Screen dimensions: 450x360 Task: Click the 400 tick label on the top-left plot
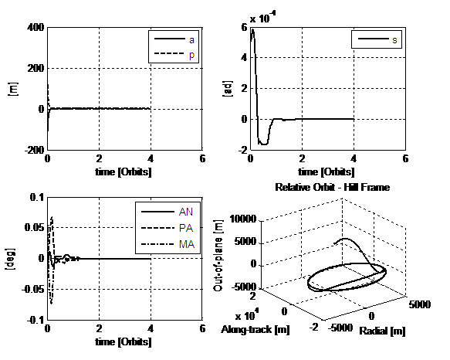[36, 28]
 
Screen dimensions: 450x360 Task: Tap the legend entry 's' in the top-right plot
[377, 39]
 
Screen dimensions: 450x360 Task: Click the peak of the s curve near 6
[252, 29]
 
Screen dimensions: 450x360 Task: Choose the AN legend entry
[167, 212]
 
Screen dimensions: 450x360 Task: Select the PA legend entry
[167, 228]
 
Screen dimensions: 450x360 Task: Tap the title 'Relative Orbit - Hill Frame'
[333, 188]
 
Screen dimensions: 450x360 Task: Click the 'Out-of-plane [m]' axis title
[218, 256]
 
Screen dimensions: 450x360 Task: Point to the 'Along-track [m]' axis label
[255, 330]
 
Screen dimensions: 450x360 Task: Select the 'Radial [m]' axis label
[382, 331]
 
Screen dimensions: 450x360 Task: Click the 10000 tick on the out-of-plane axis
[243, 219]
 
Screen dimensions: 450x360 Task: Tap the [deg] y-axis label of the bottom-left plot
[10, 259]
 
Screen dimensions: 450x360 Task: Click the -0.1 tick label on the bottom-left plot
[36, 320]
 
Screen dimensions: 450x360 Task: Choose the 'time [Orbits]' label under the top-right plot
[327, 172]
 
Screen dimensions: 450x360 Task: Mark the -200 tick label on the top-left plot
[35, 150]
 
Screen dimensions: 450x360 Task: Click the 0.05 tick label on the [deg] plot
[35, 228]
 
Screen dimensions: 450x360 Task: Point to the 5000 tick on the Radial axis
[420, 304]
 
